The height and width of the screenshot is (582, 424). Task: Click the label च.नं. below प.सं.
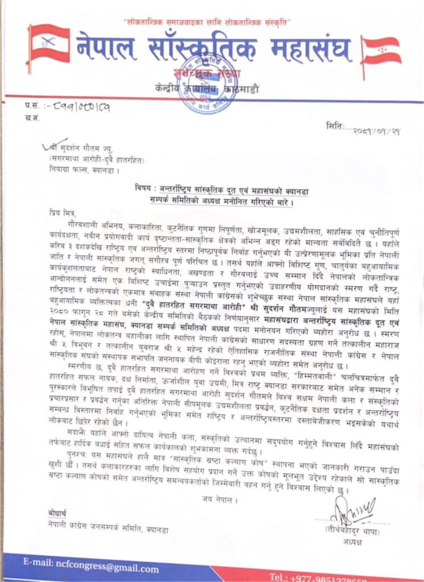[32, 117]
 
